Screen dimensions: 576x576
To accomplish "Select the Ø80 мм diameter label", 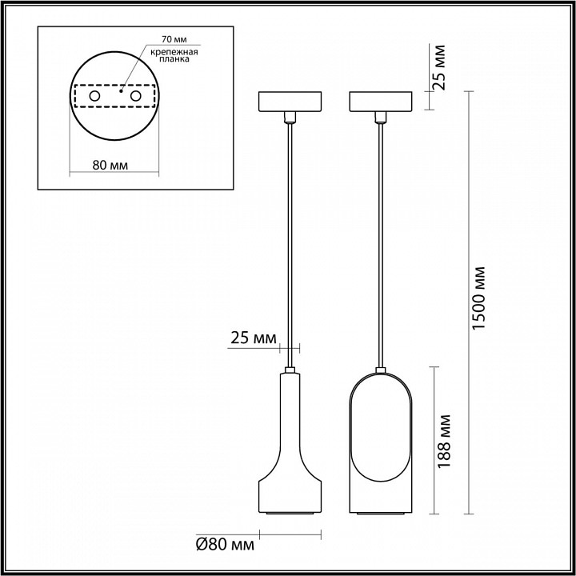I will pyautogui.click(x=225, y=546).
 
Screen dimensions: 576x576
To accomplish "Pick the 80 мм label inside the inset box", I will pyautogui.click(x=111, y=165).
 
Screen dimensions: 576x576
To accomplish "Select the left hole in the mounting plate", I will pyautogui.click(x=95, y=96).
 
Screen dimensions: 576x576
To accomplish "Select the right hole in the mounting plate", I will pyautogui.click(x=135, y=96).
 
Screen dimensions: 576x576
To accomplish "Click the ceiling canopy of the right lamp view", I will pyautogui.click(x=380, y=102).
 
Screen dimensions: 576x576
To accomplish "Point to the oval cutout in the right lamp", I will pyautogui.click(x=380, y=428).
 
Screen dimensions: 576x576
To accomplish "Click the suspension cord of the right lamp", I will pyautogui.click(x=380, y=240).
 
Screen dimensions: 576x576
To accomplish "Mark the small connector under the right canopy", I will pyautogui.click(x=380, y=118).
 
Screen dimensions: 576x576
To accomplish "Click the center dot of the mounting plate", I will pyautogui.click(x=121, y=92).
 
